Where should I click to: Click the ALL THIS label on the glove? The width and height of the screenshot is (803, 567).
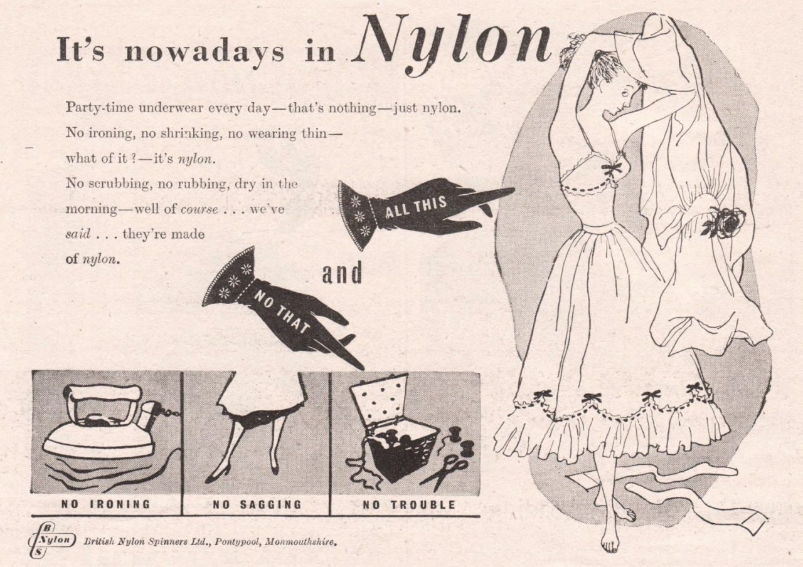click(x=417, y=207)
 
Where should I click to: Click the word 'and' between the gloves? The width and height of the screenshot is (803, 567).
click(x=342, y=273)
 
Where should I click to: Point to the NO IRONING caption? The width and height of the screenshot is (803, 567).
click(x=106, y=504)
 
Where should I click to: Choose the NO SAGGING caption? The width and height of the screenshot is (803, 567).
click(x=257, y=505)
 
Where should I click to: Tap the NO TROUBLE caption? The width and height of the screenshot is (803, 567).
click(x=408, y=505)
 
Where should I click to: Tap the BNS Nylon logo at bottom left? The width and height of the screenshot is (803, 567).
click(x=51, y=541)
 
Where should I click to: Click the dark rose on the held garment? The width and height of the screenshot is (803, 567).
click(x=725, y=222)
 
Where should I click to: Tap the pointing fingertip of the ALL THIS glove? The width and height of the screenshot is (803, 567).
click(x=512, y=190)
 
